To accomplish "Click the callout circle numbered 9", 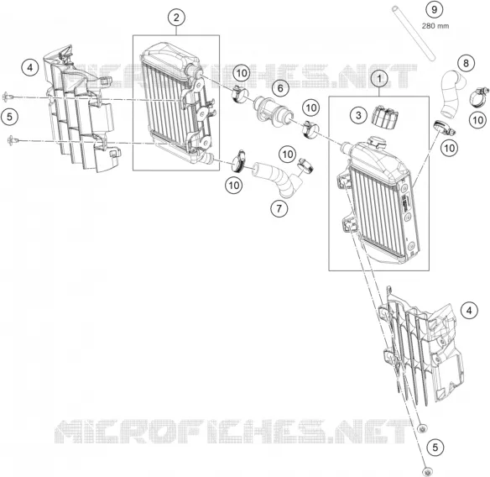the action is [435, 10].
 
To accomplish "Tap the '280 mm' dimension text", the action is [435, 26].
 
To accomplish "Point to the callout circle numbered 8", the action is [466, 63].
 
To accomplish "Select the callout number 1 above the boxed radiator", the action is [379, 79].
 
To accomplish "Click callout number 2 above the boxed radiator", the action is [176, 18].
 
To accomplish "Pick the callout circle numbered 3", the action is [358, 115].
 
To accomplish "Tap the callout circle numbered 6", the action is [280, 88].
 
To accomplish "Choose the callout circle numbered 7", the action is [279, 207].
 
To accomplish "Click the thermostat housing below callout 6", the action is [274, 112].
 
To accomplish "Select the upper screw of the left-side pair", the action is [8, 97].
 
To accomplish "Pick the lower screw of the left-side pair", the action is [13, 140].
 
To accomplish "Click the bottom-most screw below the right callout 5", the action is [426, 472].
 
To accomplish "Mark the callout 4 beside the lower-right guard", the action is [469, 311].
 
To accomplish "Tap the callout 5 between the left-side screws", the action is [9, 117].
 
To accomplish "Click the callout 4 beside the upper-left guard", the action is [30, 67].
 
